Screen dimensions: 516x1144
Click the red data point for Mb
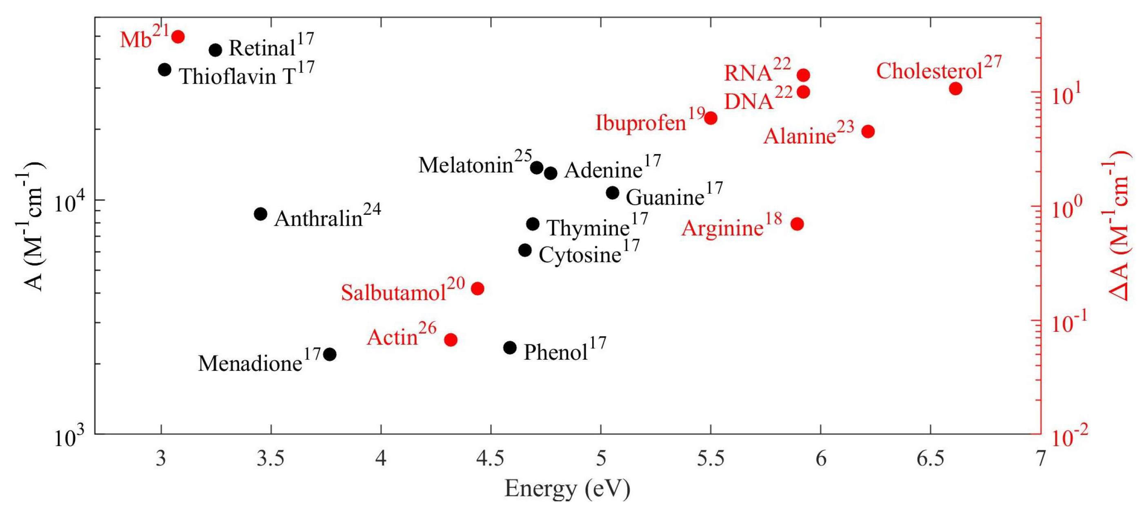[178, 36]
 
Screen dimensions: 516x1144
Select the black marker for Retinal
[215, 50]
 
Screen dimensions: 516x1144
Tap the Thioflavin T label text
[246, 75]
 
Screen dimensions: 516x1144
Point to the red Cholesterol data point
[956, 89]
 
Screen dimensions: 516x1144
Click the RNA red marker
[803, 75]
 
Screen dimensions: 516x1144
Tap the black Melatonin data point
[536, 168]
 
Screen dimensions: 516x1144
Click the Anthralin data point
[261, 214]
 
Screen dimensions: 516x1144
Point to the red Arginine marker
[797, 224]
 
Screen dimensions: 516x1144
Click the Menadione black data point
[329, 355]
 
